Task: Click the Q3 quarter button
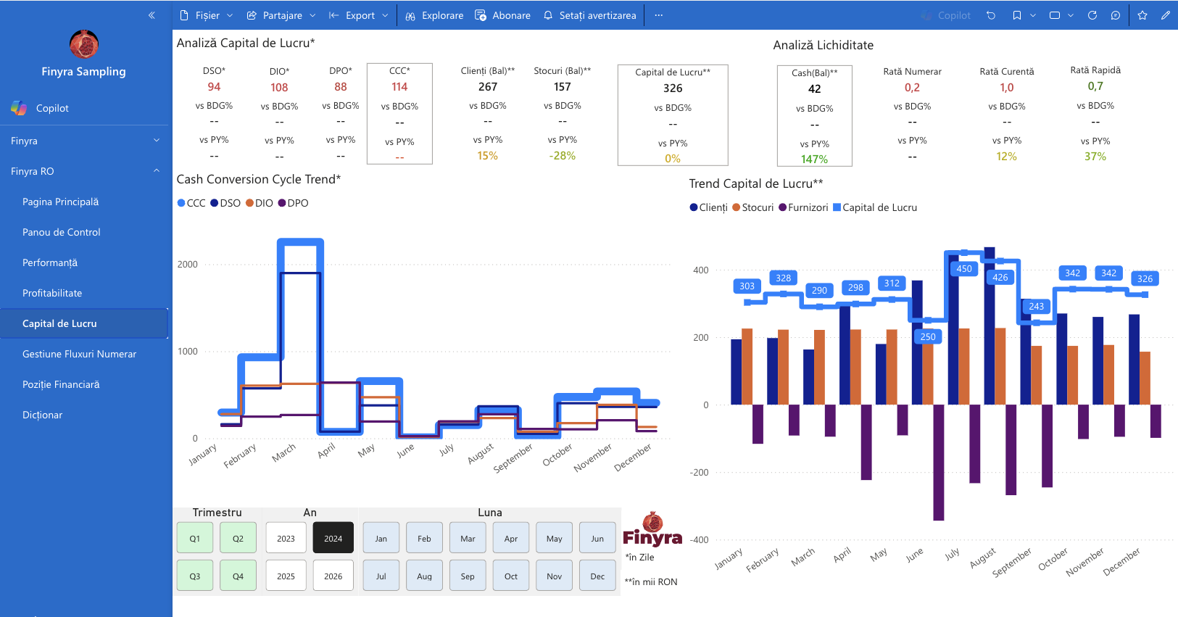tap(194, 576)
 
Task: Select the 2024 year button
tap(333, 538)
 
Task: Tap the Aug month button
tap(424, 576)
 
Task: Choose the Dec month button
tap(597, 576)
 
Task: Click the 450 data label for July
tap(964, 269)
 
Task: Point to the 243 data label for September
tap(1036, 306)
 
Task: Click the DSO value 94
tap(214, 87)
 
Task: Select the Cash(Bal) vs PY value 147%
tap(814, 159)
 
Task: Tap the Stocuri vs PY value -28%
tap(563, 156)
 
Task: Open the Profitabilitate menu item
tap(52, 293)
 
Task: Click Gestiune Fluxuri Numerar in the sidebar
tap(80, 354)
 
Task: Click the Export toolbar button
tap(359, 15)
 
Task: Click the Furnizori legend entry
tap(803, 207)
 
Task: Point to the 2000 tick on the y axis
tap(187, 264)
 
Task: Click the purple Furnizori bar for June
tap(938, 463)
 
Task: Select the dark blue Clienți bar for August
tap(990, 326)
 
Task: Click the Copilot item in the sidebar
tap(52, 108)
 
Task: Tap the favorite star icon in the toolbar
tap(1142, 15)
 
